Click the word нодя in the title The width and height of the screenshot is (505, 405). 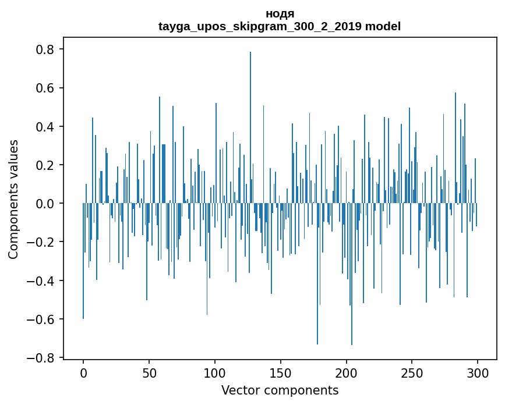[x=280, y=14]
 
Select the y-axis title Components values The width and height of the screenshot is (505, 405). [x=13, y=200]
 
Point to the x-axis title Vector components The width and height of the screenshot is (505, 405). [x=280, y=390]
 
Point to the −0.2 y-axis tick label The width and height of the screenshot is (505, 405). [x=43, y=242]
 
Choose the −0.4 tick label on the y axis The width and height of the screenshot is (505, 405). [x=43, y=281]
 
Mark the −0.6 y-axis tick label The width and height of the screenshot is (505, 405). [x=43, y=319]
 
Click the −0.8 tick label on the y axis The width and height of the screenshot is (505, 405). [x=43, y=358]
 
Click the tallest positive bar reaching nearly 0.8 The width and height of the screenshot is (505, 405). [x=250, y=128]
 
